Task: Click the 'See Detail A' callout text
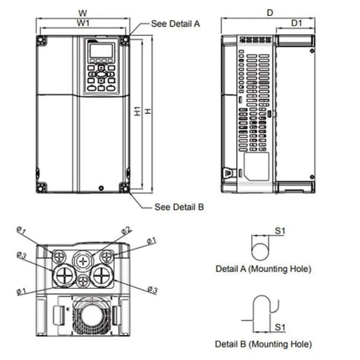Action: click(x=175, y=25)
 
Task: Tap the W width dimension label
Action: click(x=80, y=13)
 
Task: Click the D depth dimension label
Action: click(x=269, y=13)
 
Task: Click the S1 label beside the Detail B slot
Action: click(x=281, y=327)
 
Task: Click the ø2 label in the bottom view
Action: click(x=126, y=229)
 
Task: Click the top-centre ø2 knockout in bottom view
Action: click(x=84, y=259)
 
